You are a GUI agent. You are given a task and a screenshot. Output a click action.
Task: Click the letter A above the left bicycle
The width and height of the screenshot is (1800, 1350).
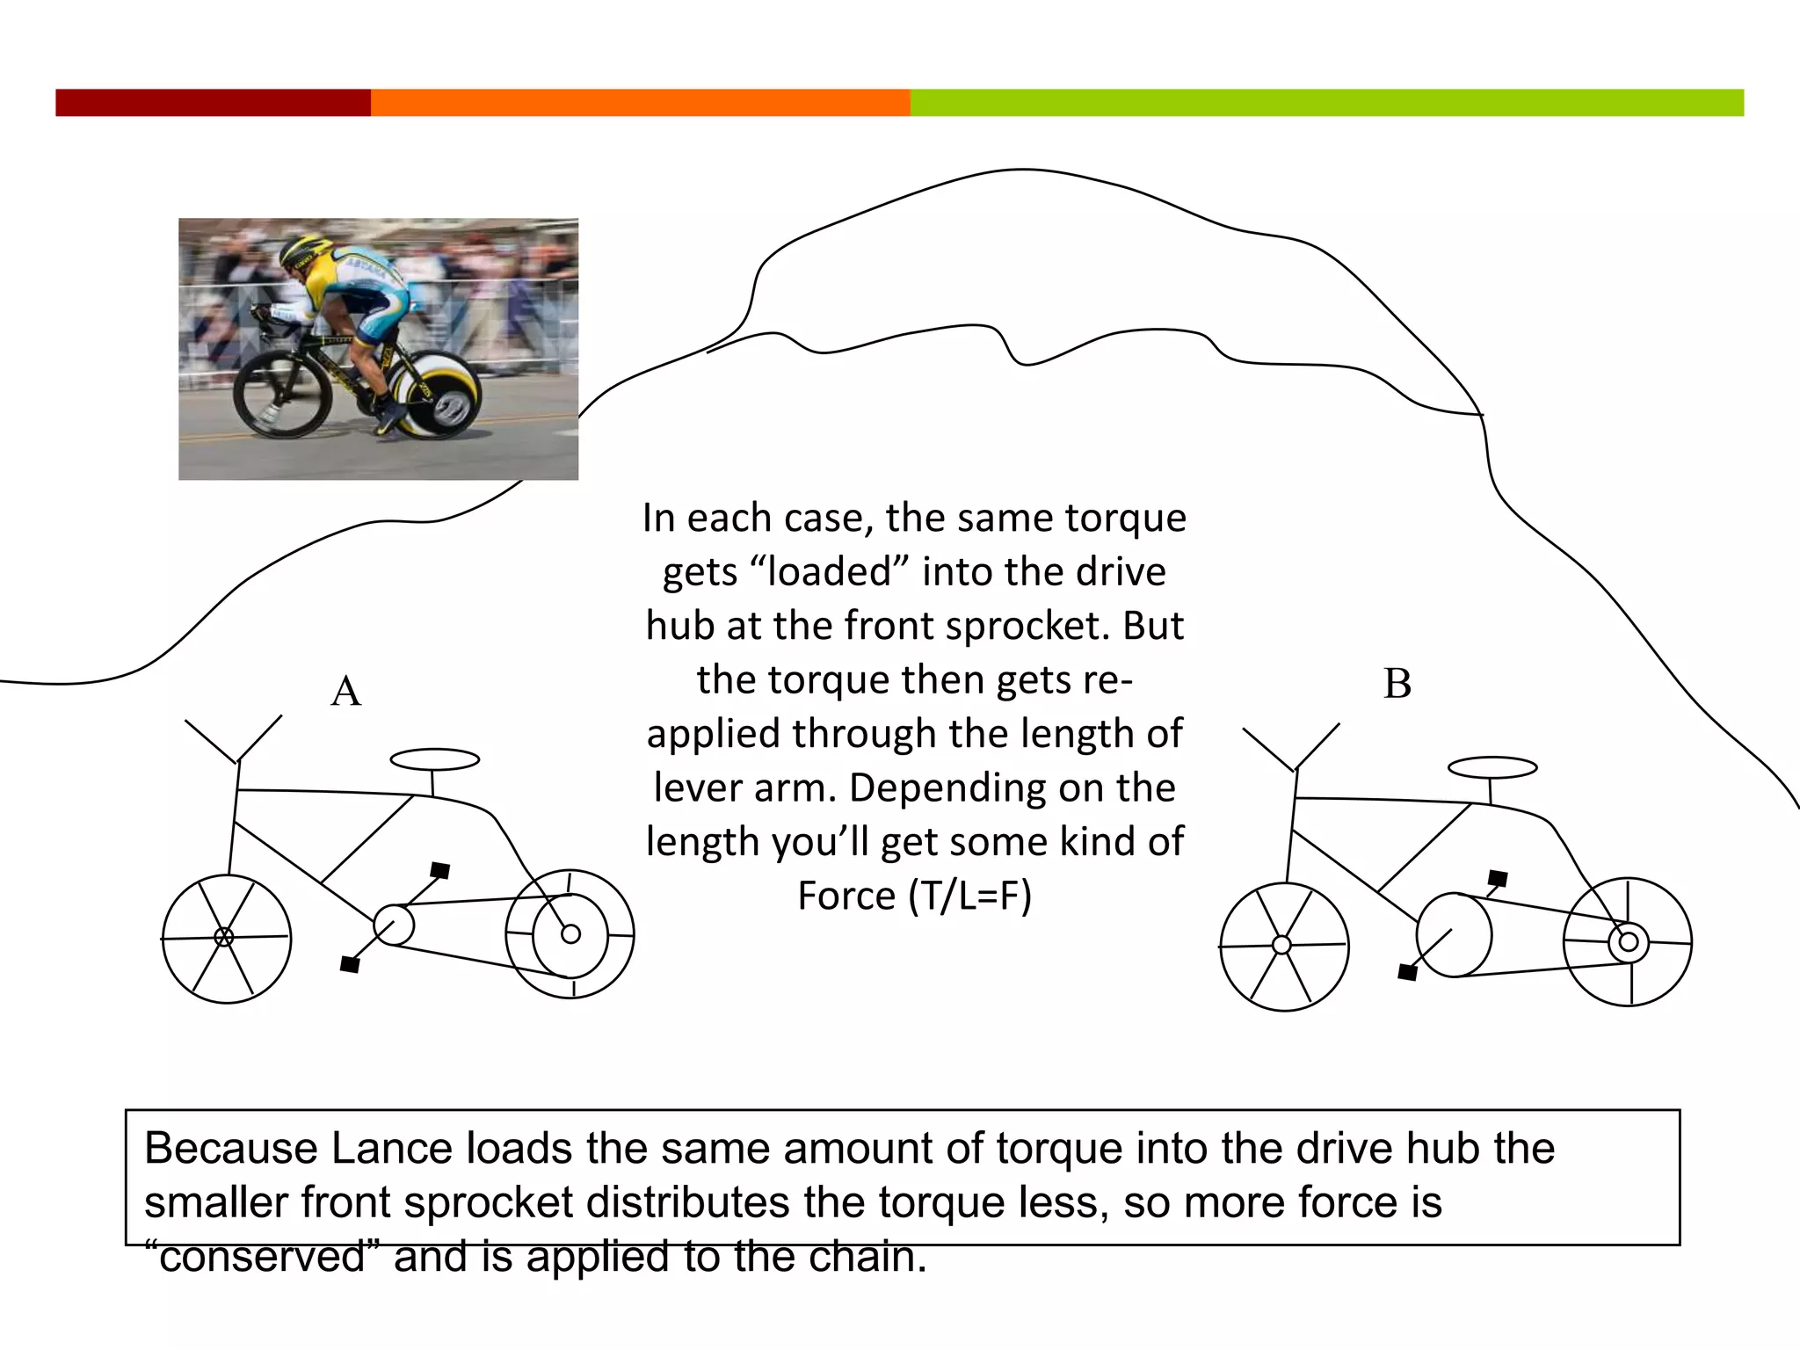click(x=346, y=691)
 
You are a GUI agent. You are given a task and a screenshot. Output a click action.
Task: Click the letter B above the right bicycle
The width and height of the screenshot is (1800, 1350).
click(x=1397, y=684)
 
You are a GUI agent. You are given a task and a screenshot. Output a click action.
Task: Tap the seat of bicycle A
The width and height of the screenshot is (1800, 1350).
click(x=435, y=759)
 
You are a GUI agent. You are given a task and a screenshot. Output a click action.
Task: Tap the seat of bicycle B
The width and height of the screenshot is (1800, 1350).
click(x=1492, y=767)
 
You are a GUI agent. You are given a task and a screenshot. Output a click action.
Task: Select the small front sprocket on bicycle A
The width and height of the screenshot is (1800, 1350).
click(x=394, y=925)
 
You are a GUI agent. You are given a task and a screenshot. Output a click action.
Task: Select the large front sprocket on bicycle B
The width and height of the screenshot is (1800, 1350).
click(x=1455, y=935)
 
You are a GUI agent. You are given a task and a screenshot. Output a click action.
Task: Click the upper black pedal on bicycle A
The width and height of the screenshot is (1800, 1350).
click(x=440, y=870)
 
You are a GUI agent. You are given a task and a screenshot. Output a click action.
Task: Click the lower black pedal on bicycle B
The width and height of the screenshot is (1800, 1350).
click(x=1407, y=972)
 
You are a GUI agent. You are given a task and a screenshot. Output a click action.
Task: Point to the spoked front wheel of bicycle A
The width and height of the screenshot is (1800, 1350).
click(x=226, y=938)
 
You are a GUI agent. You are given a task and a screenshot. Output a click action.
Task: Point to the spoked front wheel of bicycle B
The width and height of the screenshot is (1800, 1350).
click(x=1283, y=947)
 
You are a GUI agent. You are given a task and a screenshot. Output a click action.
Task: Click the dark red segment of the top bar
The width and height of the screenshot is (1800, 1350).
click(x=213, y=103)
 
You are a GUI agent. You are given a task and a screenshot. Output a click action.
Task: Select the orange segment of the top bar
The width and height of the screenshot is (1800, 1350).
click(x=640, y=103)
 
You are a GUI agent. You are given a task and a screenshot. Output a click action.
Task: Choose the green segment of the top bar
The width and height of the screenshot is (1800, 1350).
click(x=1326, y=103)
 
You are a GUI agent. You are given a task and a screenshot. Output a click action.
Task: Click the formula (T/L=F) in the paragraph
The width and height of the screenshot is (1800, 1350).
click(x=969, y=896)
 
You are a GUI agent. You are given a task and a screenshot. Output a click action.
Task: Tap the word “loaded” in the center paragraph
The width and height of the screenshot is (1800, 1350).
click(x=830, y=571)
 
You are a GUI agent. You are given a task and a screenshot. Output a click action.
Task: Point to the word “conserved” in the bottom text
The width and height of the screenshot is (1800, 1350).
click(x=263, y=1257)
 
